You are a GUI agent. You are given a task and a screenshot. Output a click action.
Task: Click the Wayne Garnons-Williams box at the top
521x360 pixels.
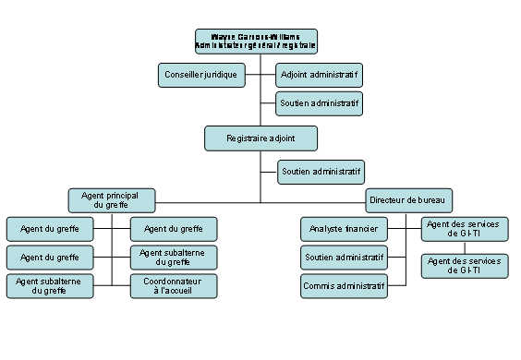pos(256,41)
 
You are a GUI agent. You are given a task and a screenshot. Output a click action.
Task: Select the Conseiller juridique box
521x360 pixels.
pos(200,74)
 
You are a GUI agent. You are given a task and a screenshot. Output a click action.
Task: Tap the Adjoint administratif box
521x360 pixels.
pos(320,74)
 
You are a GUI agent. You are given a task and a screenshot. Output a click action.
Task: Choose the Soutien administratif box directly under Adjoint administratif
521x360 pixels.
pos(320,102)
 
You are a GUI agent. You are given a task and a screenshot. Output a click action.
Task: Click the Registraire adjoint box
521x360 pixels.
pos(260,138)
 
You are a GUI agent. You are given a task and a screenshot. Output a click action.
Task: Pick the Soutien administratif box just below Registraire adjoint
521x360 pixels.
pos(321,172)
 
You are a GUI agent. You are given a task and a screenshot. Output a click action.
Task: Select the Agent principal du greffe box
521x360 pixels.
pos(112,200)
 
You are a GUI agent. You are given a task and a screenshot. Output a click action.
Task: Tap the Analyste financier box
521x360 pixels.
pos(343,228)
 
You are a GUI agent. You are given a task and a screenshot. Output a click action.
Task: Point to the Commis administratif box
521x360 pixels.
pos(343,286)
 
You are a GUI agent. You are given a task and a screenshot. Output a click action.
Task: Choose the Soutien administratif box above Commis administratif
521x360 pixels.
pos(343,257)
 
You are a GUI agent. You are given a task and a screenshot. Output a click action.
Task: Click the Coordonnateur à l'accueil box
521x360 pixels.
pos(174,286)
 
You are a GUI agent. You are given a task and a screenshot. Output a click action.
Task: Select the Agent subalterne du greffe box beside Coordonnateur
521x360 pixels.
pos(50,286)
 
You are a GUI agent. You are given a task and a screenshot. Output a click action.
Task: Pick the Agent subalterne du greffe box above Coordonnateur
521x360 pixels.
pos(174,257)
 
